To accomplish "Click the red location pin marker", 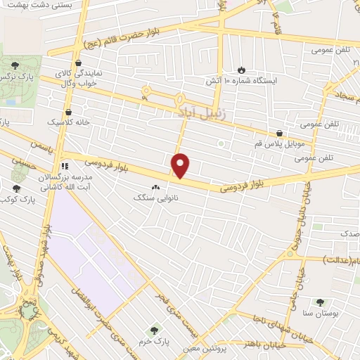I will click(x=181, y=166).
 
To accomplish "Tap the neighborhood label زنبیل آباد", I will click(x=199, y=112).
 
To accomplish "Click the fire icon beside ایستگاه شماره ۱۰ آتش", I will click(x=241, y=70).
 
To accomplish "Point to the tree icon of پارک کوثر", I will click(x=17, y=188).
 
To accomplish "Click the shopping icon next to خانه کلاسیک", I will click(x=68, y=112).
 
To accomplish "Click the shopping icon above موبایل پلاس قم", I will click(x=280, y=132).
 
